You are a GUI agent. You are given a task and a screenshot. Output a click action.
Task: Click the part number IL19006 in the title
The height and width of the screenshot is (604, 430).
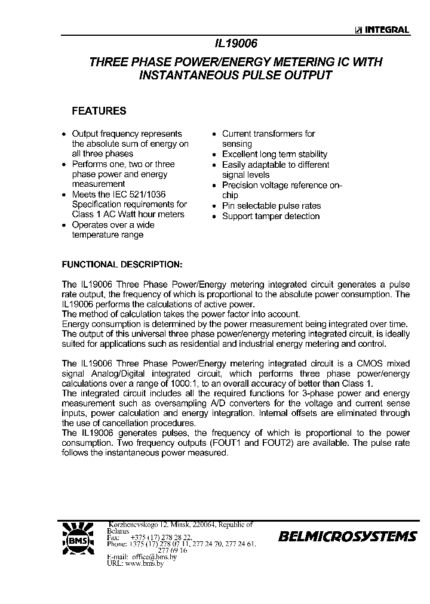(x=235, y=44)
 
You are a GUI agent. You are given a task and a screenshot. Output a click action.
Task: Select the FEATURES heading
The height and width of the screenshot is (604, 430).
(x=99, y=111)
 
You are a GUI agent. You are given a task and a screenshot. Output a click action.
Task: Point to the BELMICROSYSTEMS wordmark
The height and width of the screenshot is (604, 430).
(x=347, y=537)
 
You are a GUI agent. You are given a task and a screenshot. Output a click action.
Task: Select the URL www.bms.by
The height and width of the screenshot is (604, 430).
(x=143, y=563)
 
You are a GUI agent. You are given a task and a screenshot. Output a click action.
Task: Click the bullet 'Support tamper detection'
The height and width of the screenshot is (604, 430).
(x=271, y=216)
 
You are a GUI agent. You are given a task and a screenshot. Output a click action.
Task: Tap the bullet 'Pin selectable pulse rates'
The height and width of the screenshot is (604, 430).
(x=271, y=206)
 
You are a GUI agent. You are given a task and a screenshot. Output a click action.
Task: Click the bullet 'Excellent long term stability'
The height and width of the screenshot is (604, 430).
(x=275, y=154)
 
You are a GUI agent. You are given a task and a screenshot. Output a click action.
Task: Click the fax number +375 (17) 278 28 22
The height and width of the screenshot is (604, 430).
(x=162, y=538)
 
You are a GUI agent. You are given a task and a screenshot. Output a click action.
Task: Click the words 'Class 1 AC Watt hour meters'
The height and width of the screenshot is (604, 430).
(x=128, y=214)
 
